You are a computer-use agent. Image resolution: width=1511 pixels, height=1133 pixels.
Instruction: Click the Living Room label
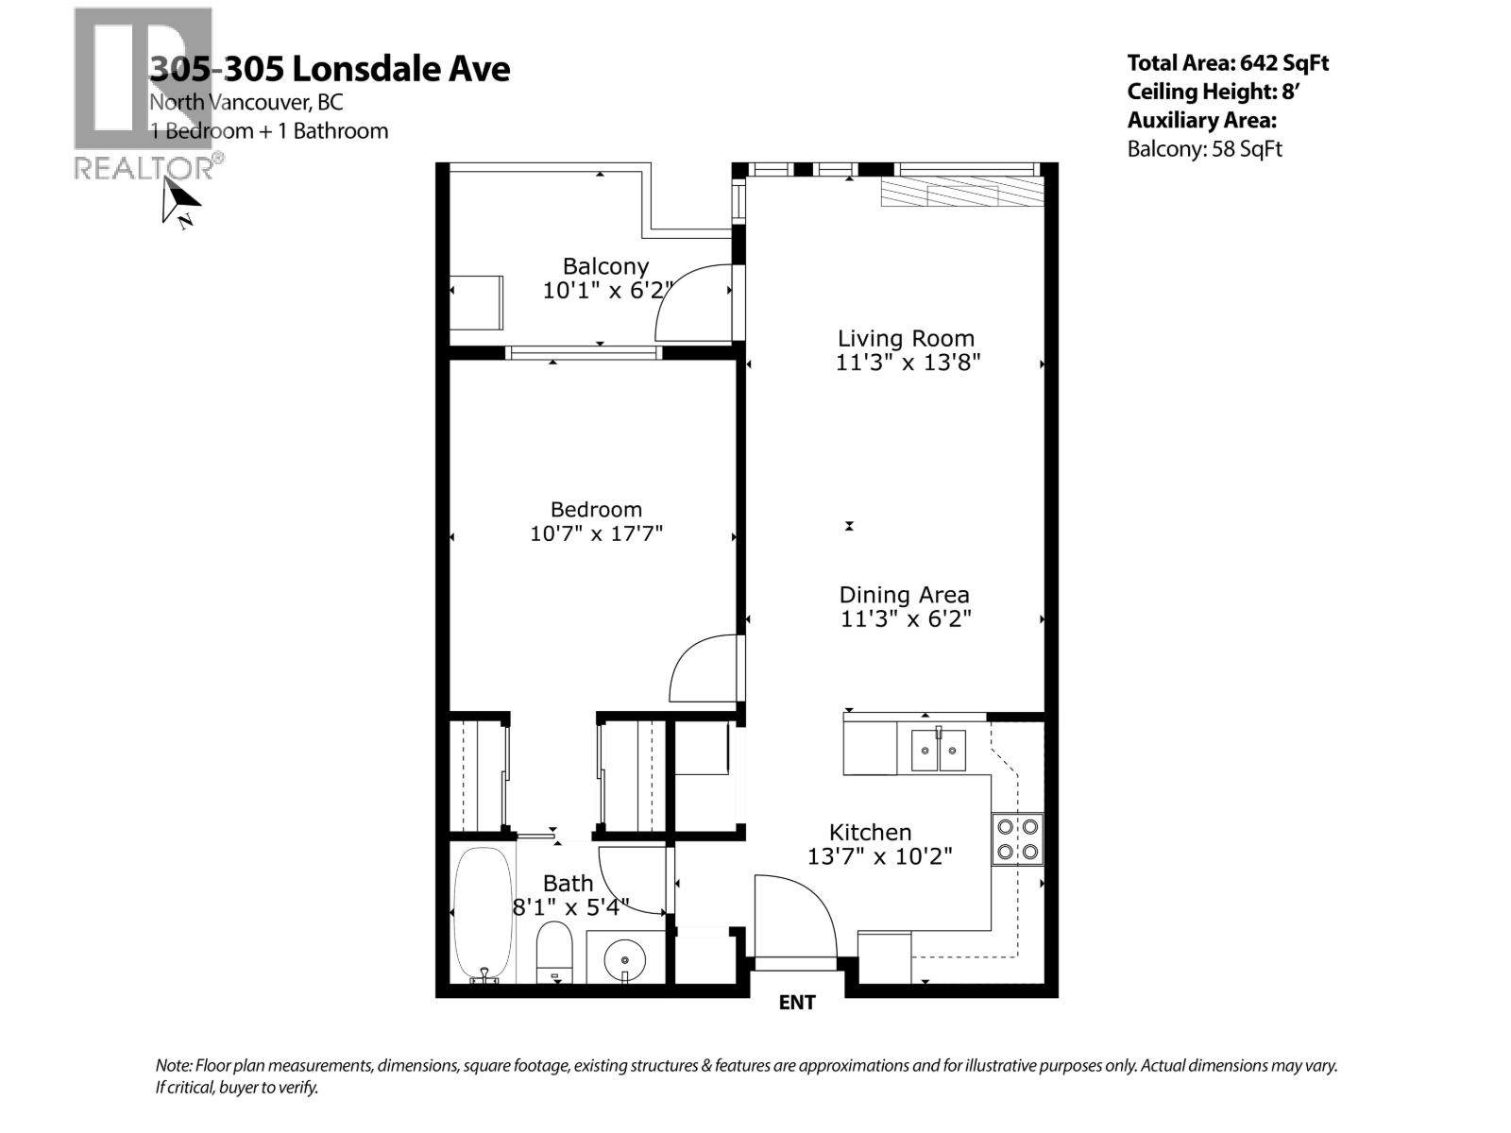coord(906,339)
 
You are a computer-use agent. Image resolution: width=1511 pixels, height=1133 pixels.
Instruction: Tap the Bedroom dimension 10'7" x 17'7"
coord(596,533)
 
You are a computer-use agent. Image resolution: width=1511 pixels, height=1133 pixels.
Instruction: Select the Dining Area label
coord(904,595)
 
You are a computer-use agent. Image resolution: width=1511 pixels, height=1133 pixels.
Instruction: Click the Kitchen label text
coord(870,832)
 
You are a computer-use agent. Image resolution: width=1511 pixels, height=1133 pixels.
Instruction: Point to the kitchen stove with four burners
coord(1017,839)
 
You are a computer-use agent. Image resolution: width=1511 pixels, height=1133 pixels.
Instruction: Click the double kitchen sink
coord(938,751)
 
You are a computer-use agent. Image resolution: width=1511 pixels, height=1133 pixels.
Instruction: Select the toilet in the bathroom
coord(554,952)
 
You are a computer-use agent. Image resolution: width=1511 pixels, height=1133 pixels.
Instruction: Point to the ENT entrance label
coord(796,1003)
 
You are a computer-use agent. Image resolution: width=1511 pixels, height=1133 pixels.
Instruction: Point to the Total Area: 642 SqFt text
coord(1227,63)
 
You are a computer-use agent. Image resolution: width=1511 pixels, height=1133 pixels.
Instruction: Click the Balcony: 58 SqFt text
coord(1204,149)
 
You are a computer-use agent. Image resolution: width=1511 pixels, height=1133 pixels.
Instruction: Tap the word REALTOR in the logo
coord(144,169)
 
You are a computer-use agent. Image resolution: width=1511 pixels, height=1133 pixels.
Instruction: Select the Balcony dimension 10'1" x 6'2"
coord(605,291)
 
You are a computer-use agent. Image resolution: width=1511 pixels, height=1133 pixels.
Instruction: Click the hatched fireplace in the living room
coord(961,194)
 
